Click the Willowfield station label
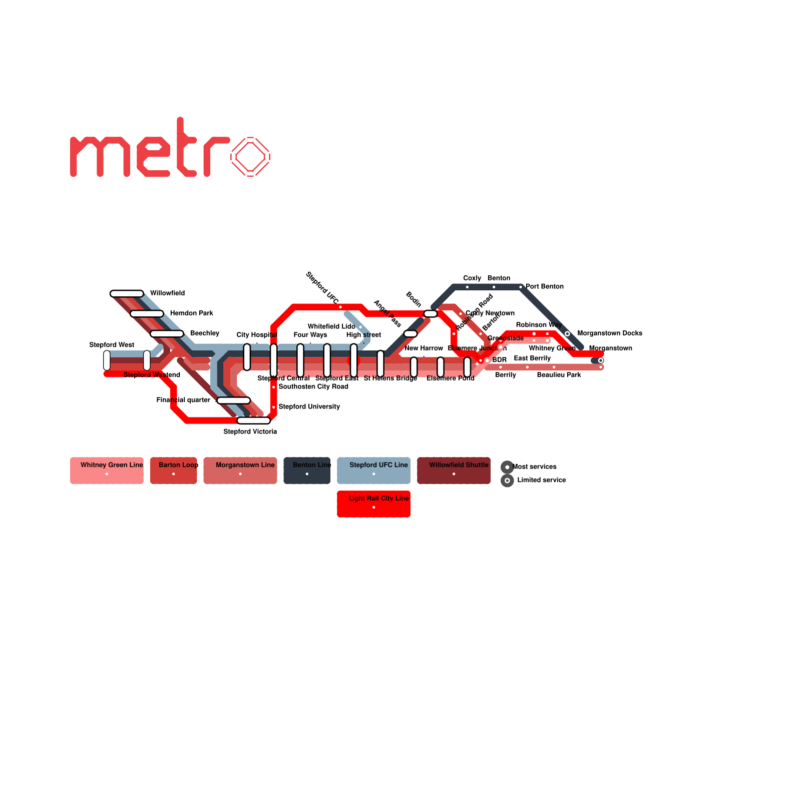[x=167, y=293]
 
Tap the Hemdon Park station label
[x=191, y=313]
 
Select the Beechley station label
[x=205, y=333]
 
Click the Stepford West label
[x=112, y=345]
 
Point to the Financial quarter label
[x=183, y=400]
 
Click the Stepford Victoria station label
[x=250, y=432]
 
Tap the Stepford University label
[x=309, y=407]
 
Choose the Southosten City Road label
[x=313, y=386]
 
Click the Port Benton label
[x=545, y=287]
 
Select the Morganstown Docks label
[x=610, y=333]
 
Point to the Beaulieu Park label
[x=559, y=375]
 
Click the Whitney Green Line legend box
[x=107, y=471]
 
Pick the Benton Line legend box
[x=307, y=471]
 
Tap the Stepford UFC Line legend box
[x=373, y=471]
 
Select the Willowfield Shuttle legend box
[x=454, y=471]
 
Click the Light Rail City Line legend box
[x=373, y=504]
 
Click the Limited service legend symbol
[x=507, y=481]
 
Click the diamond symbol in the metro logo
[x=250, y=157]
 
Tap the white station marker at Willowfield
[x=127, y=293]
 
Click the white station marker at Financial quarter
[x=233, y=400]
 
